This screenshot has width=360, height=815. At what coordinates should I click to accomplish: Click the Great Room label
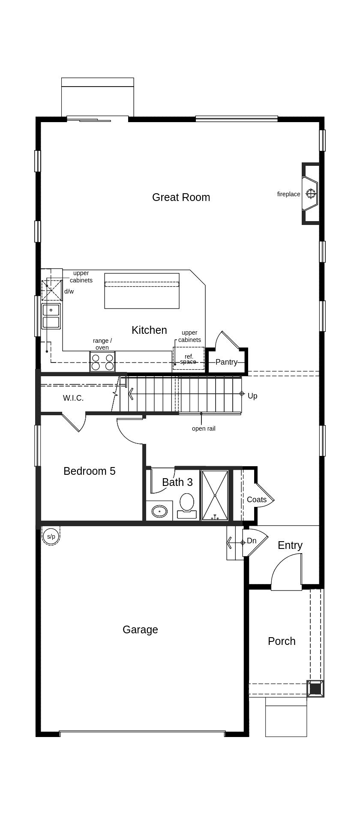coord(181,198)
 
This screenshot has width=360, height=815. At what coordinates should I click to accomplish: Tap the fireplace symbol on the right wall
coord(311,194)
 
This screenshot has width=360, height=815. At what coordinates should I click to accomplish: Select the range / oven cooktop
coord(102,362)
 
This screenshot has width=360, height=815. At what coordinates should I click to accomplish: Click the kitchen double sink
coord(51,316)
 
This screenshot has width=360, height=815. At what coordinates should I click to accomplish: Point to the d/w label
coord(69,291)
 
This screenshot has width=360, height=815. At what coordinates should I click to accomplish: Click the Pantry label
coord(226,362)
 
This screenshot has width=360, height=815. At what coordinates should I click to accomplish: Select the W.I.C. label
coord(73,398)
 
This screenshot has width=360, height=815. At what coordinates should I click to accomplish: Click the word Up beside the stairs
coord(252,396)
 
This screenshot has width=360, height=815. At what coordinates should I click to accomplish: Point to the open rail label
coord(204,428)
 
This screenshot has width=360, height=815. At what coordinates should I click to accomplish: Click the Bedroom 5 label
coord(90,471)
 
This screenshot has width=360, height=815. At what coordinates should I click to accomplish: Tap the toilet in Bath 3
coord(187,506)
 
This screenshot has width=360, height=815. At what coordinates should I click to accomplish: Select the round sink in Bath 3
coord(160,511)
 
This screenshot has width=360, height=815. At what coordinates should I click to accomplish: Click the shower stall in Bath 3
coord(215,495)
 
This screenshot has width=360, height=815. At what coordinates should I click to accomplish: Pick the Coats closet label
coord(257,500)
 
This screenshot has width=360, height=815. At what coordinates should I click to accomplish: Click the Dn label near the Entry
coord(252,541)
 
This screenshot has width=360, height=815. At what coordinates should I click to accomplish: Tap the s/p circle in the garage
coord(51,536)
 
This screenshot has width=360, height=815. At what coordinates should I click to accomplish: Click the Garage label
coord(140,629)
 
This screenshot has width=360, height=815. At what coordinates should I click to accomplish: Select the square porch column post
coord(315,689)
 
